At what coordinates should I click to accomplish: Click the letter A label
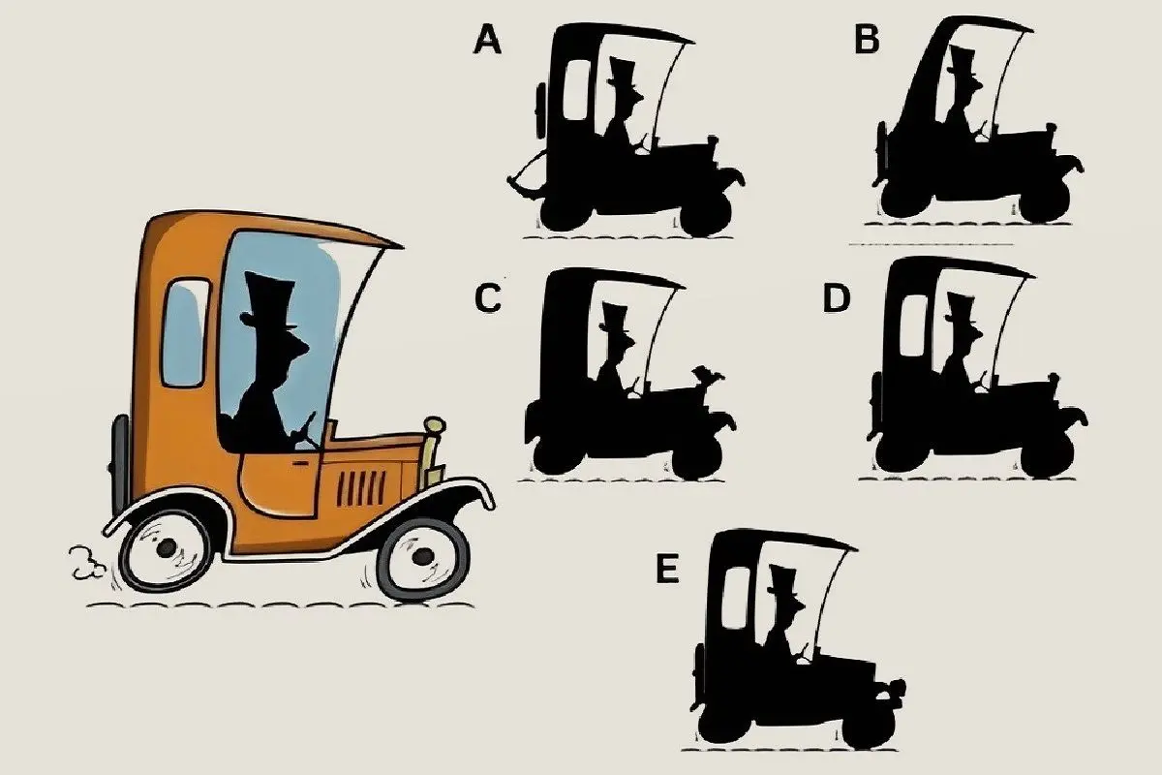[x=487, y=41]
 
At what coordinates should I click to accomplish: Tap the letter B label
[x=867, y=40]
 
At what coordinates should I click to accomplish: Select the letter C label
[x=488, y=298]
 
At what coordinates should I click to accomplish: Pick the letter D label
[x=837, y=298]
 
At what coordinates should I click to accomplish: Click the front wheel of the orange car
[x=423, y=556]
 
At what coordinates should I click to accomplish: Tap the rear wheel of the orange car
[x=166, y=548]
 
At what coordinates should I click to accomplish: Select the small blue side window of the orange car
[x=185, y=332]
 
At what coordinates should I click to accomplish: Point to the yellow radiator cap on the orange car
[x=435, y=425]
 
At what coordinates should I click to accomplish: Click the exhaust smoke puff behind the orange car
[x=85, y=563]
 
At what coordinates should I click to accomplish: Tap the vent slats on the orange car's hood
[x=361, y=488]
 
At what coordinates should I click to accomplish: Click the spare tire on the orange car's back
[x=120, y=466]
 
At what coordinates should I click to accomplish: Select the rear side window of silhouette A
[x=576, y=91]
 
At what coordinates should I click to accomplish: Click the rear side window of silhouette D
[x=913, y=325]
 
